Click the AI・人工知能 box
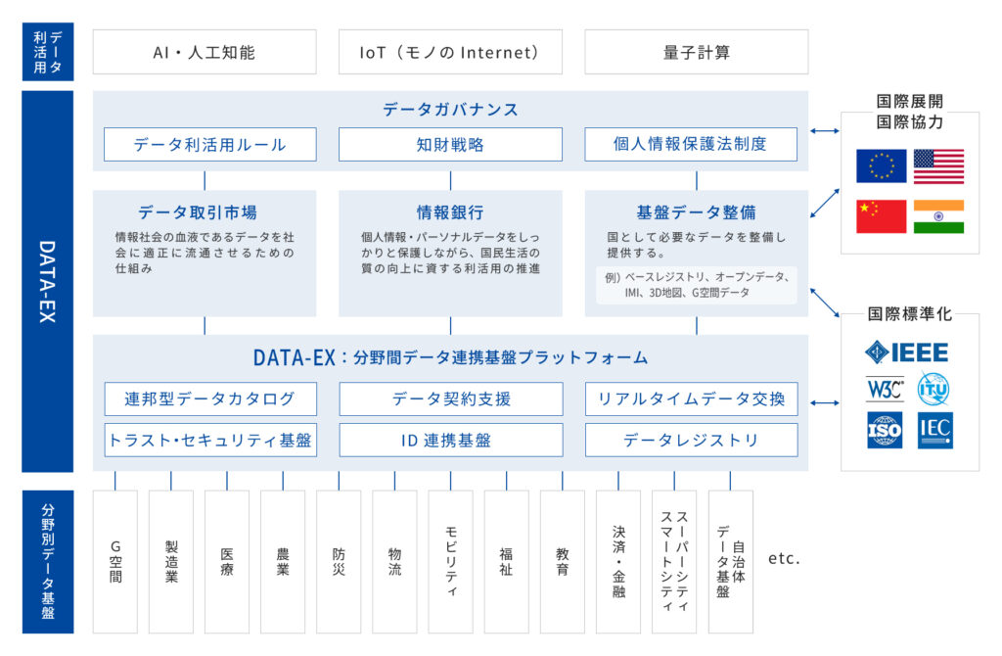pyautogui.click(x=205, y=52)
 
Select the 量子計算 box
pyautogui.click(x=696, y=52)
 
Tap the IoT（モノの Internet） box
pyautogui.click(x=450, y=52)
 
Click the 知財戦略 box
pyautogui.click(x=450, y=144)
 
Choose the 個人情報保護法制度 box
pyautogui.click(x=691, y=144)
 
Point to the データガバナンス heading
pyautogui.click(x=450, y=110)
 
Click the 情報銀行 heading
pyautogui.click(x=450, y=212)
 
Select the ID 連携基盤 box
pyautogui.click(x=450, y=440)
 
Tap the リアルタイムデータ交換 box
pyautogui.click(x=691, y=398)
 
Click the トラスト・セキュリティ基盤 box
pyautogui.click(x=210, y=440)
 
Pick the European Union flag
pyautogui.click(x=881, y=166)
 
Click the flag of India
pyautogui.click(x=938, y=216)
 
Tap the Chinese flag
pyautogui.click(x=881, y=216)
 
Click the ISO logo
pyautogui.click(x=884, y=431)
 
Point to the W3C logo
pyautogui.click(x=884, y=389)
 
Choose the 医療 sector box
pyautogui.click(x=227, y=561)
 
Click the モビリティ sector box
pyautogui.click(x=450, y=561)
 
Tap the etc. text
pyautogui.click(x=784, y=559)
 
